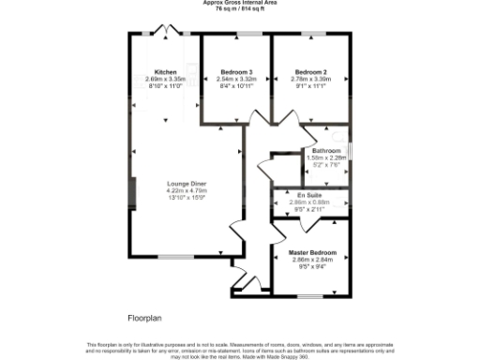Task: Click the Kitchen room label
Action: pyautogui.click(x=166, y=72)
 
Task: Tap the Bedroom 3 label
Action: pyautogui.click(x=236, y=72)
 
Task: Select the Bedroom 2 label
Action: pyautogui.click(x=309, y=72)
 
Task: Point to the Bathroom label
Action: pyautogui.click(x=326, y=151)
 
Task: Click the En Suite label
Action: pyautogui.click(x=309, y=195)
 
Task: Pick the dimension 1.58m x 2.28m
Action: pyautogui.click(x=327, y=158)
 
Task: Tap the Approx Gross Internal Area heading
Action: pyautogui.click(x=240, y=3)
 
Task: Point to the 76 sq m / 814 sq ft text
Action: pyautogui.click(x=240, y=9)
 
